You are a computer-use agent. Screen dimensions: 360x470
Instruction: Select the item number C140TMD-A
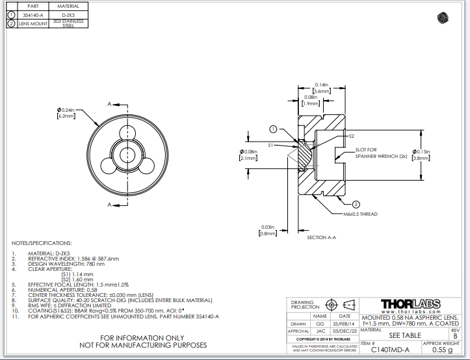(x=390, y=350)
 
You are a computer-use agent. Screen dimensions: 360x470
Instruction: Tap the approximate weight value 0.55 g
(x=441, y=350)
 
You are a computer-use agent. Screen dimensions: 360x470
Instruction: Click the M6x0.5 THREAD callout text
(x=360, y=214)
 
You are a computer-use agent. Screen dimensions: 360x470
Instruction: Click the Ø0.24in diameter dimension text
(x=66, y=110)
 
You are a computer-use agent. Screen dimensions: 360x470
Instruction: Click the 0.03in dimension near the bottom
(x=267, y=227)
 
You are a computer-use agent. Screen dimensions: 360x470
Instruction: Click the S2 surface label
(x=351, y=136)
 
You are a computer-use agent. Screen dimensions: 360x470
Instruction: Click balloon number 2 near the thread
(x=356, y=204)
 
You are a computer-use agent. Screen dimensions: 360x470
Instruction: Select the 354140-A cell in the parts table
(x=33, y=14)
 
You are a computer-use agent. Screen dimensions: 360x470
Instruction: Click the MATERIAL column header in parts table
(x=68, y=6)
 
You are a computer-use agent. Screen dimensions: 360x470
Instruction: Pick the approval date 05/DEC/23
(x=345, y=331)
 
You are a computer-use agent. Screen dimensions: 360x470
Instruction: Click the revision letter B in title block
(x=454, y=336)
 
